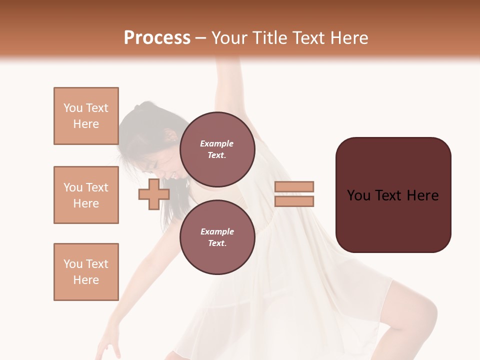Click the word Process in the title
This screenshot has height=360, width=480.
click(x=157, y=38)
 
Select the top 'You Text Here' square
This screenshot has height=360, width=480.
click(x=86, y=116)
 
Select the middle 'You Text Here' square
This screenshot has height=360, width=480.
click(x=86, y=195)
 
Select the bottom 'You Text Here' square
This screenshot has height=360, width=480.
click(x=86, y=272)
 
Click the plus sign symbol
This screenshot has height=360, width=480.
click(x=153, y=194)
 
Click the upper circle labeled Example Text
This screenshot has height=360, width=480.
click(x=217, y=149)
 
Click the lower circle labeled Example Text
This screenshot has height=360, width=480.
click(x=217, y=237)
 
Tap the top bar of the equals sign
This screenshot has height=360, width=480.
click(x=294, y=186)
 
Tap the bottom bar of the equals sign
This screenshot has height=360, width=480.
click(x=294, y=201)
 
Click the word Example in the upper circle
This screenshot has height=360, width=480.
click(x=217, y=143)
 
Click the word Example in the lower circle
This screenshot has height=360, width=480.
click(x=217, y=231)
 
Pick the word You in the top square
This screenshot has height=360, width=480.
click(x=73, y=108)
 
